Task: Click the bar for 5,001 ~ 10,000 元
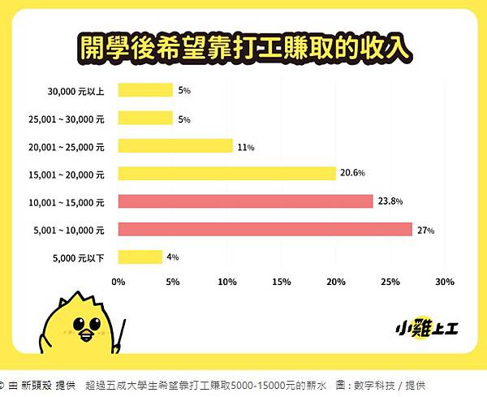pyautogui.click(x=265, y=229)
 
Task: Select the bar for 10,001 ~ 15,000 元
pyautogui.click(x=245, y=201)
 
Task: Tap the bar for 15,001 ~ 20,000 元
pyautogui.click(x=226, y=173)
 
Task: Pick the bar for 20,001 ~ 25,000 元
pyautogui.click(x=175, y=145)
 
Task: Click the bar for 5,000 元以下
pyautogui.click(x=140, y=257)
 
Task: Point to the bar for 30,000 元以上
pyautogui.click(x=145, y=90)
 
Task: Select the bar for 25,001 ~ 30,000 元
pyautogui.click(x=145, y=118)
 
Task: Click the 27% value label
pyautogui.click(x=426, y=231)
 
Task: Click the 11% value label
pyautogui.click(x=246, y=147)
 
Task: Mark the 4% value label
pyautogui.click(x=172, y=257)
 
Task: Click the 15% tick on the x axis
pyautogui.click(x=282, y=283)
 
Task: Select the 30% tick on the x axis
pyautogui.click(x=444, y=283)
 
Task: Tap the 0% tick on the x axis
pyautogui.click(x=119, y=283)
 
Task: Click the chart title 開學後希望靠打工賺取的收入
pyautogui.click(x=243, y=47)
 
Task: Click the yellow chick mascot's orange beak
pyautogui.click(x=83, y=334)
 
